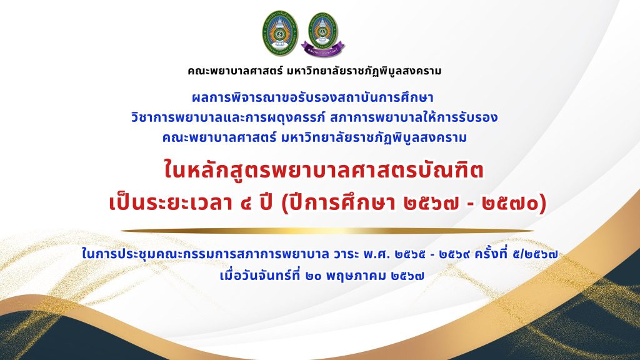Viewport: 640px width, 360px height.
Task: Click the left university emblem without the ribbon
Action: coord(280,33)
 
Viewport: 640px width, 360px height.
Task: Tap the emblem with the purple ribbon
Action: coord(323,34)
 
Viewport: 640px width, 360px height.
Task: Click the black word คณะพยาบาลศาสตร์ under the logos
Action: coord(235,71)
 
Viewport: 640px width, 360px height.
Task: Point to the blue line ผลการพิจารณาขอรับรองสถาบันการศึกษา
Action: coord(312,98)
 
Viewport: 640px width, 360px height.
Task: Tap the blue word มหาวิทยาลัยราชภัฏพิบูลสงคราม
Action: coord(374,137)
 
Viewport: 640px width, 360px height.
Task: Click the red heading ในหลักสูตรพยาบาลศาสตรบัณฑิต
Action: coord(323,170)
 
